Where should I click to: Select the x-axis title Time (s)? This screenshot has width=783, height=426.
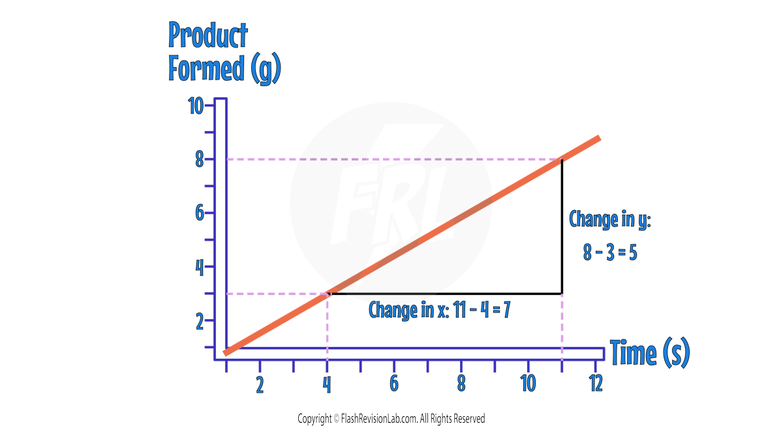click(650, 354)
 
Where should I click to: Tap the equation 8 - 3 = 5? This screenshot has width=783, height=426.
click(610, 252)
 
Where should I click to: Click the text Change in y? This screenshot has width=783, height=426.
click(610, 219)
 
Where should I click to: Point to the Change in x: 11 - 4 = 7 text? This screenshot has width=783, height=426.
click(439, 309)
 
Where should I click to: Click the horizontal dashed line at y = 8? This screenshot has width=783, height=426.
click(391, 159)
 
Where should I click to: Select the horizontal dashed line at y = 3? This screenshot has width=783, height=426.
click(277, 294)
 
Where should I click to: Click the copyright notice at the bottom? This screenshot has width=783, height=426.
click(391, 418)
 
